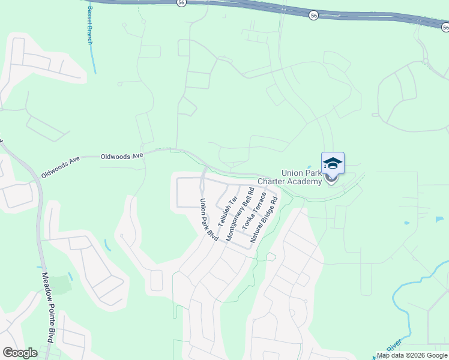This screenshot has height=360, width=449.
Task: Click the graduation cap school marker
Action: click(333, 163)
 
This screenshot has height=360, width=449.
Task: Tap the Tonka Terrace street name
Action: click(253, 212)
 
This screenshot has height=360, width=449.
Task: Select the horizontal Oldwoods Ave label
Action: click(122, 156)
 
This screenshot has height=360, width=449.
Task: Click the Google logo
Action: click(20, 353)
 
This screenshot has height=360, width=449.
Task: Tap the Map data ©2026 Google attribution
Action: click(412, 355)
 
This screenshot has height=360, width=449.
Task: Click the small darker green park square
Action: click(59, 284)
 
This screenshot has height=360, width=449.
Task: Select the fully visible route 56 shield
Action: click(313, 16)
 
